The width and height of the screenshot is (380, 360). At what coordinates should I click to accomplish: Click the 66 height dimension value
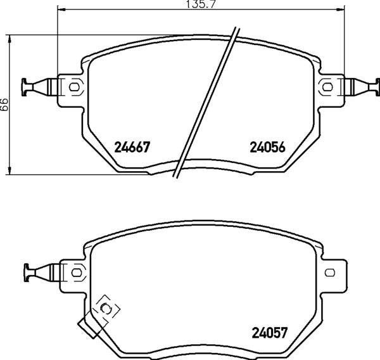[x=4, y=104]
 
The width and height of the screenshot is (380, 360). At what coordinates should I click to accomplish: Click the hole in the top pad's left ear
[x=73, y=86]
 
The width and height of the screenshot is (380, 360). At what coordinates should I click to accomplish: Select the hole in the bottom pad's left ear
[x=77, y=272]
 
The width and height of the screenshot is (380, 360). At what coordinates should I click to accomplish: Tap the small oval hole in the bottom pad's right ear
[x=330, y=272]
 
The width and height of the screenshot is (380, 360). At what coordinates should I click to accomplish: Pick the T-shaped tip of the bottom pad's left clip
[x=28, y=272]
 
